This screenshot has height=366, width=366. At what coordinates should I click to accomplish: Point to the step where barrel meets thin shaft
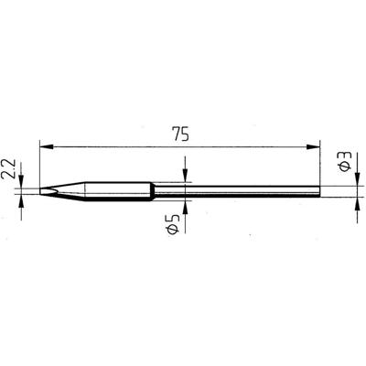pos(153,190)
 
